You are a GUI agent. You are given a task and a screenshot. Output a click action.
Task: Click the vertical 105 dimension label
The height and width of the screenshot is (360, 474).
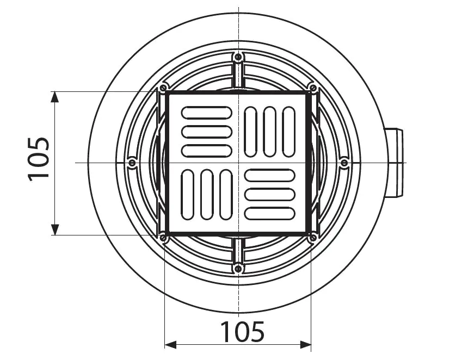pos(39,159)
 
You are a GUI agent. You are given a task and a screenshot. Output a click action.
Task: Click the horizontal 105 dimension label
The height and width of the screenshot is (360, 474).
pos(242,331)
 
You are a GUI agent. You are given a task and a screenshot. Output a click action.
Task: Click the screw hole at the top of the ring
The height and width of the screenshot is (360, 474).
pos(238,57)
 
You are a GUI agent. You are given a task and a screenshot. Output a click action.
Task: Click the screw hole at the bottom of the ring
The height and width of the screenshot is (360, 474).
pos(238,268)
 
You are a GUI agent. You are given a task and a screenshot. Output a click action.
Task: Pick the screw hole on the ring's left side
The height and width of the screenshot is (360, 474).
pos(132,163)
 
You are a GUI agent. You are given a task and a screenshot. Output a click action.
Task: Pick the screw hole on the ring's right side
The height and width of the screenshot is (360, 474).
pos(344,163)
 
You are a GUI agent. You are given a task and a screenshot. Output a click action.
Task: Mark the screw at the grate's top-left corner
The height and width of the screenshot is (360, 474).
pos(163,89)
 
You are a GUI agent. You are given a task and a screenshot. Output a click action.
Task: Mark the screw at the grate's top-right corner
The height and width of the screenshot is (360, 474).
pos(312,88)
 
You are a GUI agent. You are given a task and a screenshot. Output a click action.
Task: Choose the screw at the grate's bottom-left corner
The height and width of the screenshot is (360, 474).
pos(163,237)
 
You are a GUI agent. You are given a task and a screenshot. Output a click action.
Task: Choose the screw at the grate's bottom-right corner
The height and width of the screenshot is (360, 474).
pos(312,237)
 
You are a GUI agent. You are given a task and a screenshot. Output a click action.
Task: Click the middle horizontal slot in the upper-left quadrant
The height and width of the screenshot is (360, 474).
pos(206,132)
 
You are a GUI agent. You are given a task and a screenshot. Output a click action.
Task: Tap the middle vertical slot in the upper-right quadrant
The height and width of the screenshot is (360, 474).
pos(269,132)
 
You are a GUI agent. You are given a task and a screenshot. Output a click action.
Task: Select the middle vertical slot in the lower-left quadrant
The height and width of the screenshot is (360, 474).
pos(206,194)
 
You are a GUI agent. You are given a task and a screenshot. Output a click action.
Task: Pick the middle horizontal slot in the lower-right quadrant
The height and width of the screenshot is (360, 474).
pos(269,194)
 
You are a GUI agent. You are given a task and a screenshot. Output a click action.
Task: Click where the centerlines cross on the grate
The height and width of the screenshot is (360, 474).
pos(238,163)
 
